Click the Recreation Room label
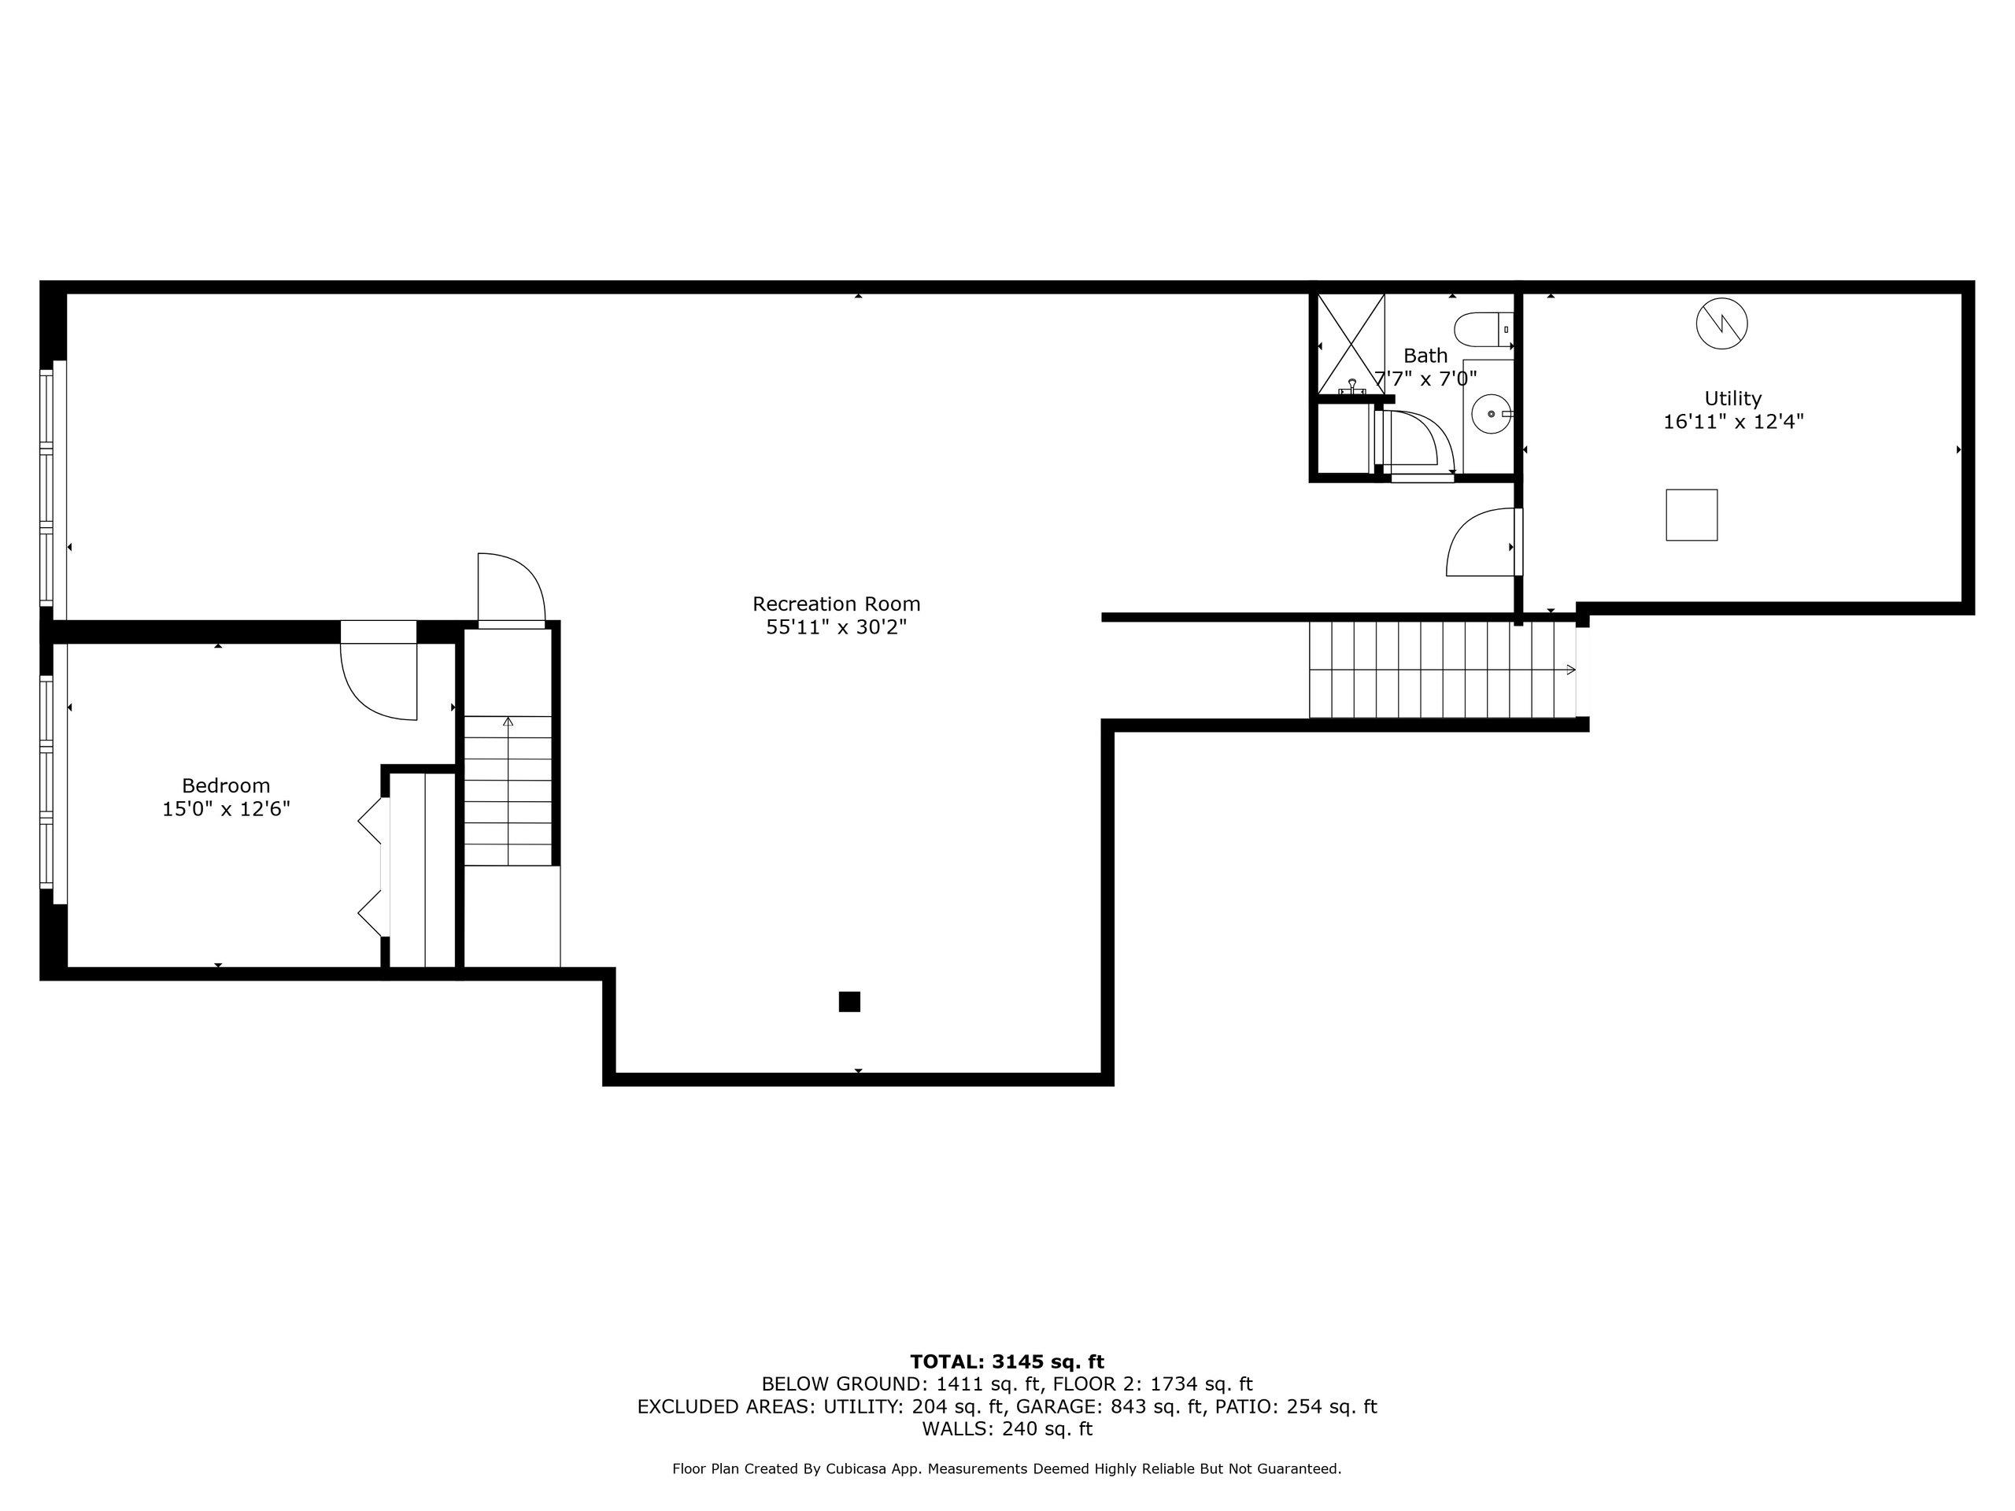[x=835, y=604]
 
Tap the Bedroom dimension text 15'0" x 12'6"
[x=226, y=809]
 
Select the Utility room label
[x=1732, y=398]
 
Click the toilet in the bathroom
[x=1483, y=330]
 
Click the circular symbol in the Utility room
[x=1721, y=323]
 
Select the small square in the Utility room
[x=1691, y=515]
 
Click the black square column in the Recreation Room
[x=849, y=1002]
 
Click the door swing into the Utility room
[x=1481, y=543]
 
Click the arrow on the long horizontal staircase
[x=1569, y=670]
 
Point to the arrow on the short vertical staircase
[x=508, y=722]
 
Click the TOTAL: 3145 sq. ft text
[x=1007, y=1361]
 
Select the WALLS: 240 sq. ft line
[x=1007, y=1428]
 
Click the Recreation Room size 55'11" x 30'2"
[x=835, y=627]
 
